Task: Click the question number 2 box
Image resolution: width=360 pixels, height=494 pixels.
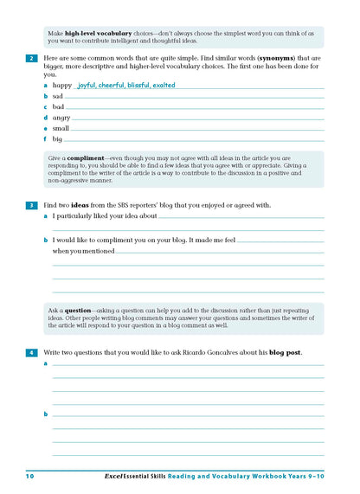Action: [x=31, y=58]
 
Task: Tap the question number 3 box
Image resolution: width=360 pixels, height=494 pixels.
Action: [x=31, y=205]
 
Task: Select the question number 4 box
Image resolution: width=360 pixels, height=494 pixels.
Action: [x=31, y=353]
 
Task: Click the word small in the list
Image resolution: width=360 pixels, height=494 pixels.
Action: [x=62, y=128]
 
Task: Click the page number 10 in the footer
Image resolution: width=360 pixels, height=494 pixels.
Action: [x=29, y=477]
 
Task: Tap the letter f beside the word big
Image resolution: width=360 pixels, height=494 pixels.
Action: [x=45, y=138]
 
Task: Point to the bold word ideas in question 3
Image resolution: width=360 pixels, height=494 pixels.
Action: [x=89, y=205]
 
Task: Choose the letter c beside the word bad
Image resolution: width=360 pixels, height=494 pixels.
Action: [x=45, y=107]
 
